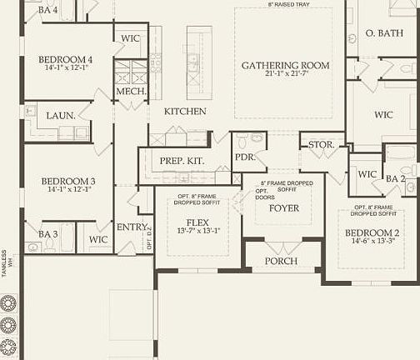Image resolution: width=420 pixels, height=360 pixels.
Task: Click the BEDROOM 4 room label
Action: pyautogui.click(x=65, y=59)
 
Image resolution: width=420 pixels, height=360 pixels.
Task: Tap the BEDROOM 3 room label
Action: pyautogui.click(x=65, y=180)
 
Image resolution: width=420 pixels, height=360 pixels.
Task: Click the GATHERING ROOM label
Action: pyautogui.click(x=285, y=65)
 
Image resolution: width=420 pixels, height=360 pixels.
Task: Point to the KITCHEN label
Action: pyautogui.click(x=184, y=112)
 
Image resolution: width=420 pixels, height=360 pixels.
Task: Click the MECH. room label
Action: pyautogui.click(x=131, y=91)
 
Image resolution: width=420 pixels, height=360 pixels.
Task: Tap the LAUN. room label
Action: pyautogui.click(x=60, y=116)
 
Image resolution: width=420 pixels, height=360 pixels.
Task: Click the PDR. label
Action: pyautogui.click(x=245, y=156)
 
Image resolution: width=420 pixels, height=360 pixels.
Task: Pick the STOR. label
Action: pyautogui.click(x=321, y=144)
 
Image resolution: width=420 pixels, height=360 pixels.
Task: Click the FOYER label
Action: pyautogui.click(x=283, y=207)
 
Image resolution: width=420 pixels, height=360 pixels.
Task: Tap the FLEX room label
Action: pyautogui.click(x=198, y=222)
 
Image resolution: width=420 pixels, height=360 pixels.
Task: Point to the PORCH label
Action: pyautogui.click(x=281, y=261)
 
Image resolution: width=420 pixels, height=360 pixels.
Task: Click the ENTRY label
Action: pyautogui.click(x=132, y=227)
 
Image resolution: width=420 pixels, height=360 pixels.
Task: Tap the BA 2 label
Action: pyautogui.click(x=395, y=177)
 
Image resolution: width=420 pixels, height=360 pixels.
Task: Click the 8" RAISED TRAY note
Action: pyautogui.click(x=288, y=4)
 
